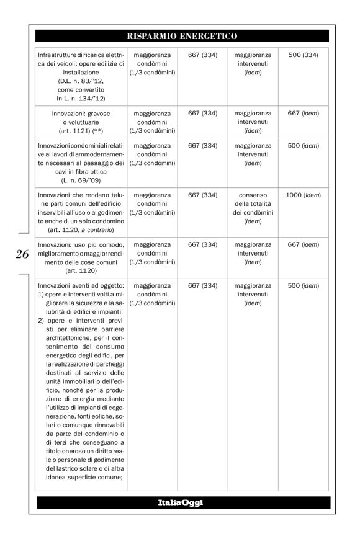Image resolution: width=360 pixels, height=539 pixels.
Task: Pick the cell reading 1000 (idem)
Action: pos(304,195)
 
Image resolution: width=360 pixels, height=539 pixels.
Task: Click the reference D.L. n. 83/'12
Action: pos(80,81)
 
